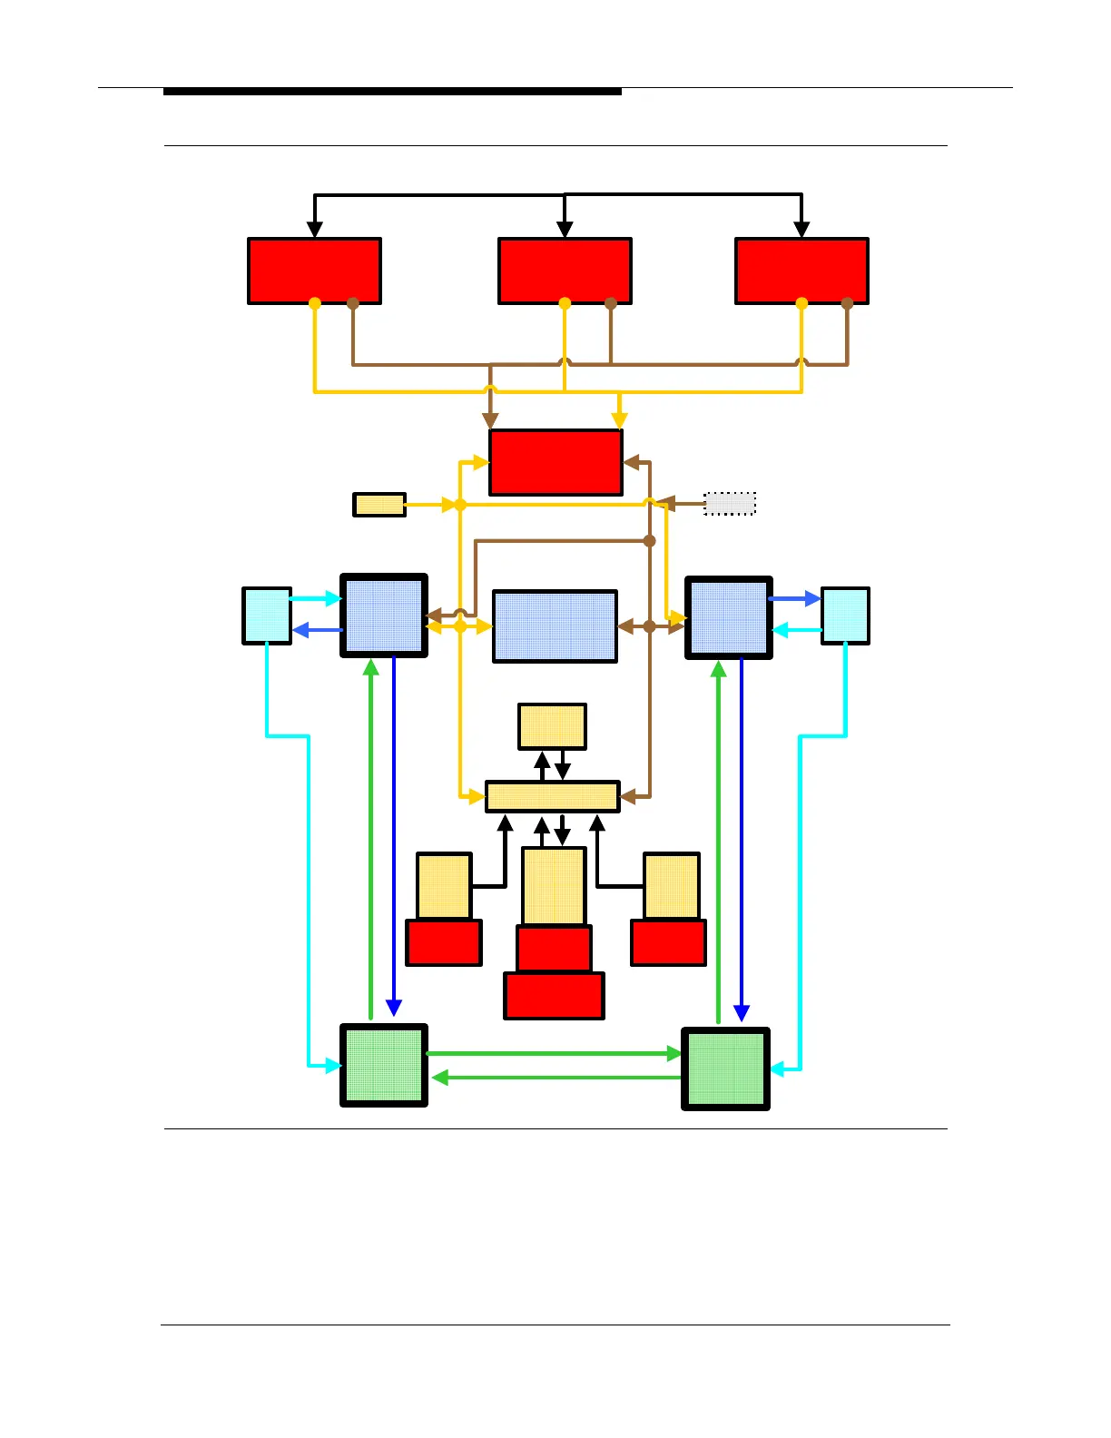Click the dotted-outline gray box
tap(730, 503)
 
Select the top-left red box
tap(314, 271)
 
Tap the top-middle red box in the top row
tap(565, 271)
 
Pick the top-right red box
tap(801, 271)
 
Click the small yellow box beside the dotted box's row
tap(379, 505)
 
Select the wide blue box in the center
tap(555, 626)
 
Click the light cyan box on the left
tap(267, 616)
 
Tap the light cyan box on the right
tap(845, 616)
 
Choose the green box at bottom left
tap(384, 1065)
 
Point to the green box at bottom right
tap(725, 1069)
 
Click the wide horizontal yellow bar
tap(553, 796)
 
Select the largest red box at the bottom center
tap(554, 996)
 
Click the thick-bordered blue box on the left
tap(384, 616)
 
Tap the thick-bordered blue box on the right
tap(729, 617)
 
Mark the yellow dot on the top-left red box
tap(315, 303)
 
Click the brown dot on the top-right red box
tap(847, 303)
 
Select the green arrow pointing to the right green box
tap(554, 1053)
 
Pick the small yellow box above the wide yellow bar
tap(552, 726)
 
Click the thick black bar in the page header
tap(392, 92)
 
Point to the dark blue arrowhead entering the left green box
tap(394, 1008)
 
